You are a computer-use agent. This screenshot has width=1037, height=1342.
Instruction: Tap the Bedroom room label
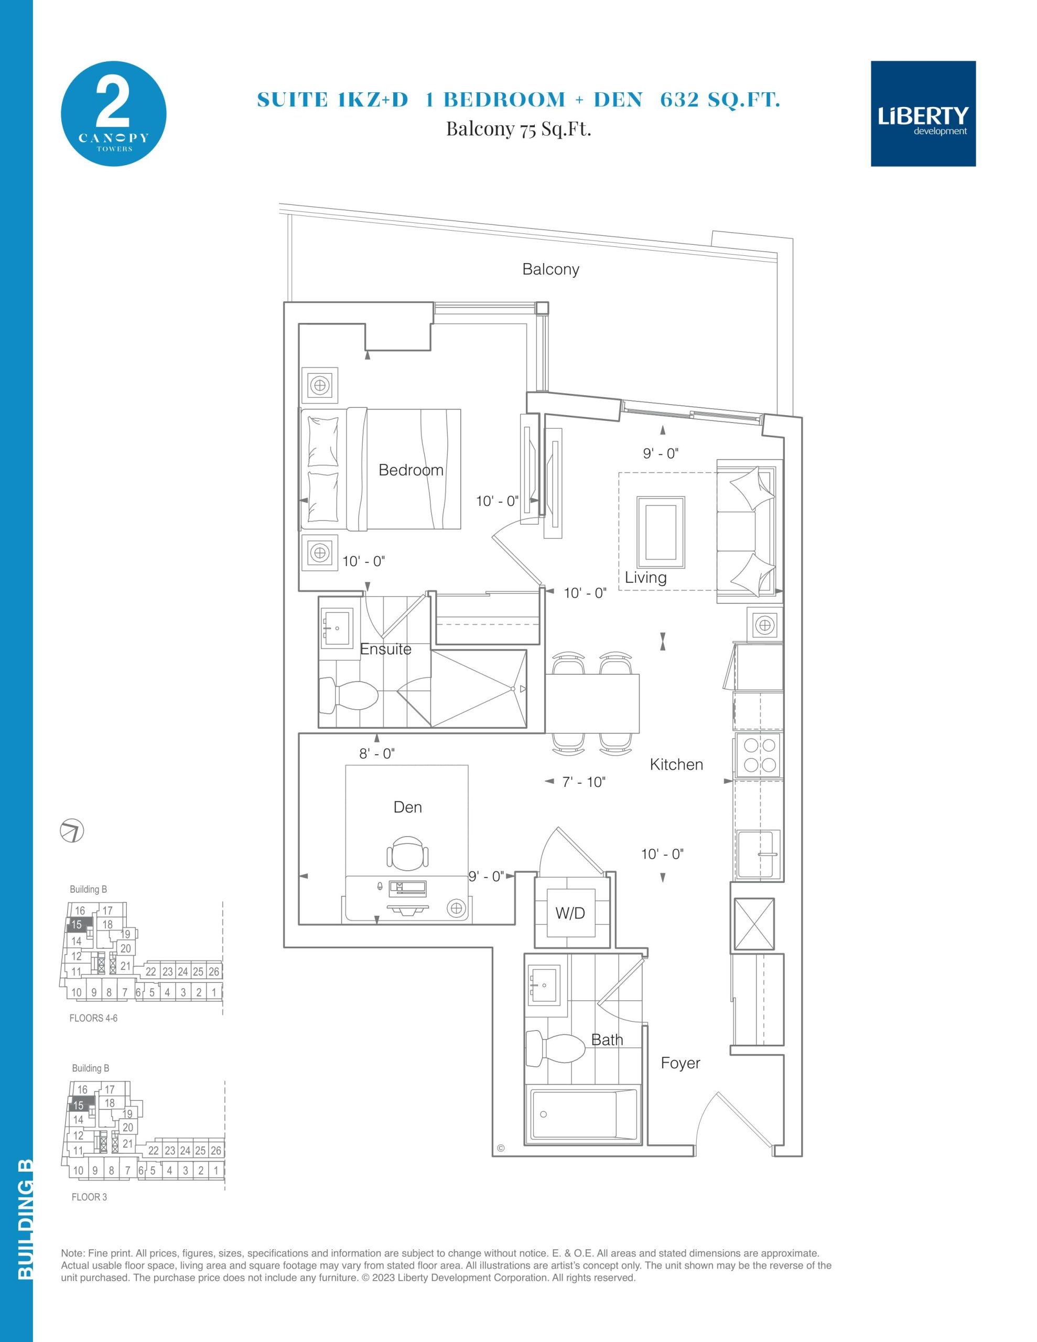[x=411, y=470]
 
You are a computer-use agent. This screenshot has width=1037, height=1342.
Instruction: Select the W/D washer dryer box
[x=571, y=913]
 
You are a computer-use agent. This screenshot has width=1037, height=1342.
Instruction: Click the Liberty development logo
[x=923, y=114]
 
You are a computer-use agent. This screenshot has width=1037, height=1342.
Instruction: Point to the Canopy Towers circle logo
[x=114, y=114]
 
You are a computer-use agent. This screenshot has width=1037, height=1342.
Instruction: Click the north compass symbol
[x=72, y=831]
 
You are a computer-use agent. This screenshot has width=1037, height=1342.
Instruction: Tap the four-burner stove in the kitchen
[x=759, y=755]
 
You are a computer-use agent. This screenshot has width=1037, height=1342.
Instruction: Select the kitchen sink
[x=759, y=854]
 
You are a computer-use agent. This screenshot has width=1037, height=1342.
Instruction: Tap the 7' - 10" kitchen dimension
[x=584, y=782]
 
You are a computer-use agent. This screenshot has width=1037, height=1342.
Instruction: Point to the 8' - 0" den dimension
[x=377, y=753]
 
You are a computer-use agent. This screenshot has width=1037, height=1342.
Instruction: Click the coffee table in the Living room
[x=661, y=532]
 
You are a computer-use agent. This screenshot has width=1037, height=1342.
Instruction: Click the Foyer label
[x=680, y=1063]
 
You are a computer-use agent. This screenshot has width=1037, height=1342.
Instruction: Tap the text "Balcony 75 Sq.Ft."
[x=518, y=129]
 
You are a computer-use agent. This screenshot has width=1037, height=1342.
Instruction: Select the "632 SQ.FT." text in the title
[x=720, y=100]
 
